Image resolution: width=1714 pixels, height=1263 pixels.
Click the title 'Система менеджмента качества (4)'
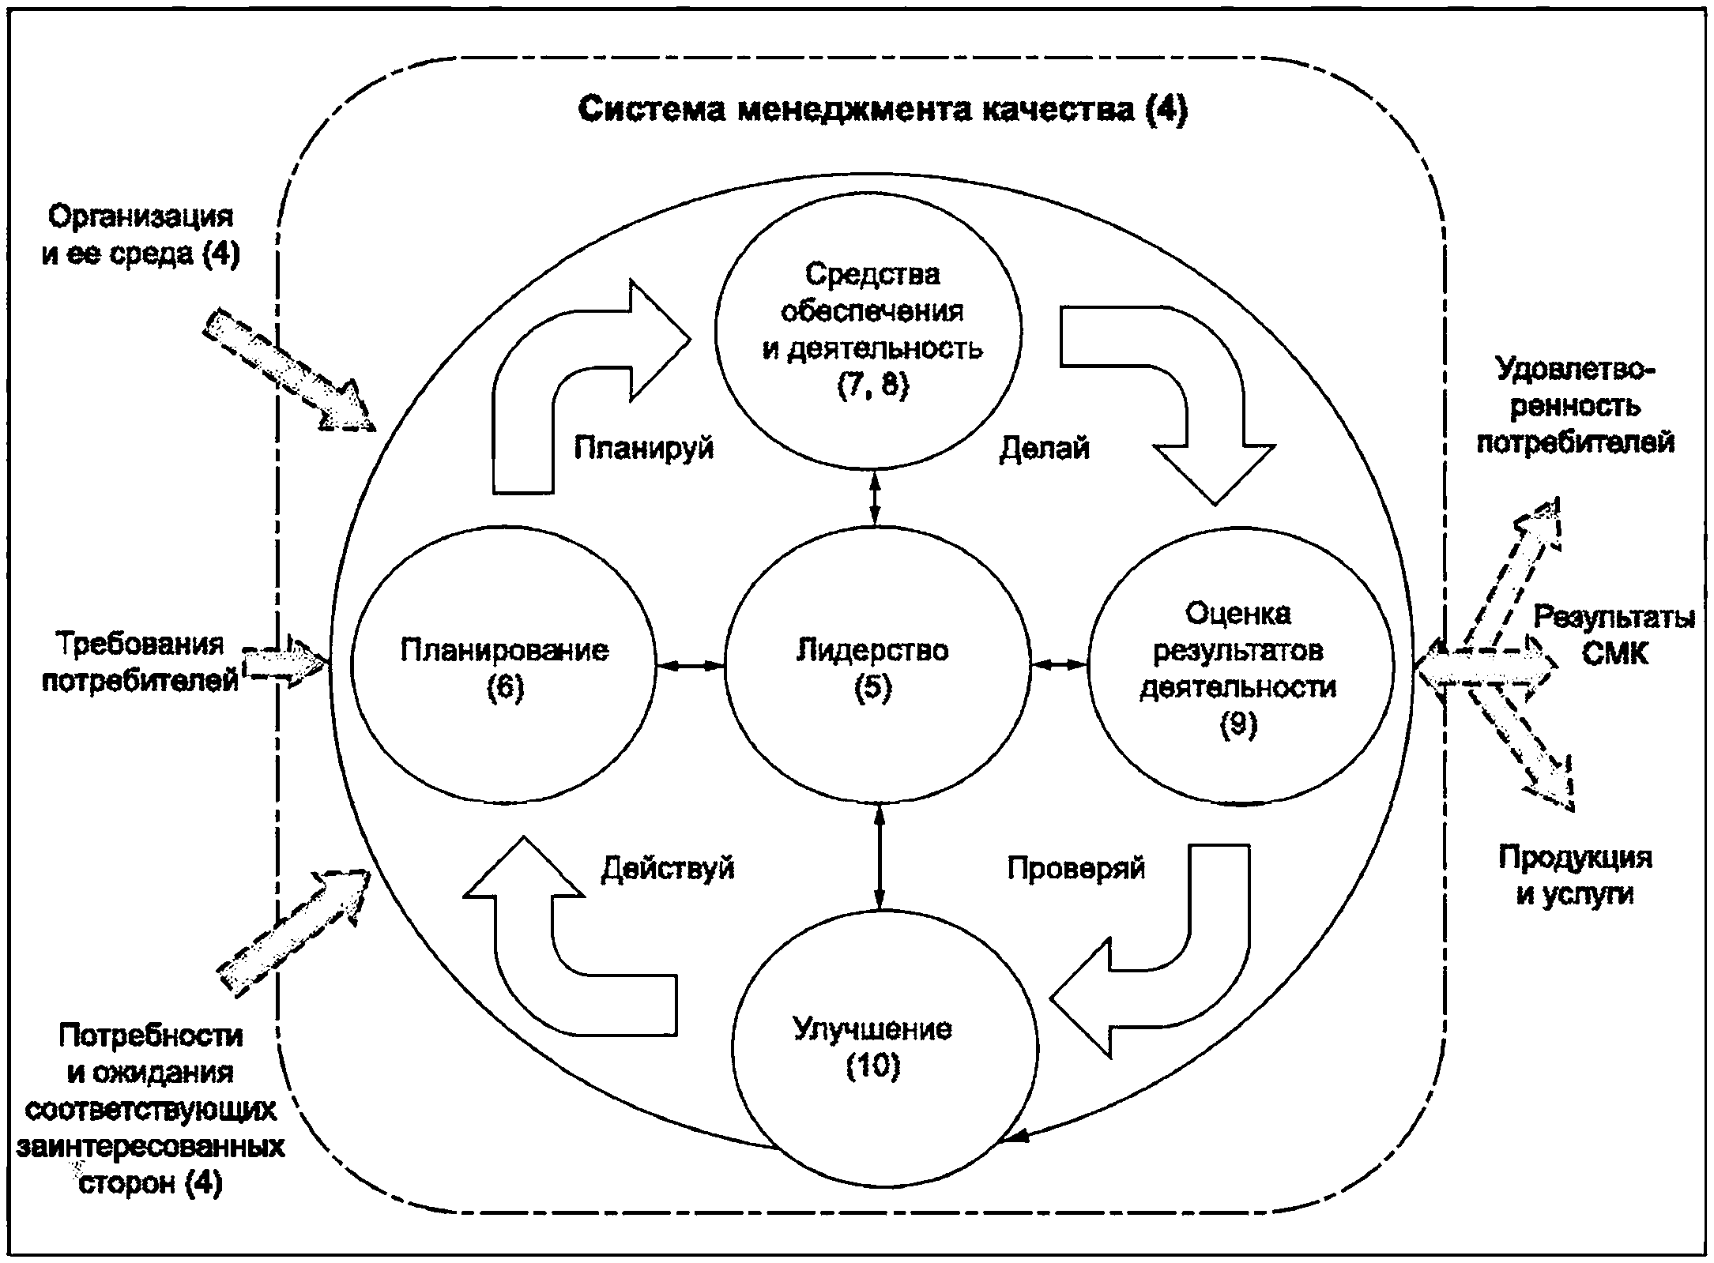[883, 109]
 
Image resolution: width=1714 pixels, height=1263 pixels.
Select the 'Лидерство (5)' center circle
[877, 666]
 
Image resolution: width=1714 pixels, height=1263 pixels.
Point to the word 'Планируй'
[643, 449]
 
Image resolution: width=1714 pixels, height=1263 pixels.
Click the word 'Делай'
[1044, 449]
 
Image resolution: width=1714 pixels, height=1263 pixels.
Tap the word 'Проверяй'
[1075, 869]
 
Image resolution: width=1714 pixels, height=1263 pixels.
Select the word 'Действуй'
[668, 868]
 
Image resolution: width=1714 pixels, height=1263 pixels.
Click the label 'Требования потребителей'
[140, 662]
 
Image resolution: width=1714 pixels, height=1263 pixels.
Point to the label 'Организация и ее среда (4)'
[141, 235]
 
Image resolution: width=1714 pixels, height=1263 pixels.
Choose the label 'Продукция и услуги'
[1575, 876]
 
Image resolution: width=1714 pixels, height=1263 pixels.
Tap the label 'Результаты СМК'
[1614, 636]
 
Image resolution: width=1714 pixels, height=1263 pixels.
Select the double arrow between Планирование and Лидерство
[691, 667]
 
